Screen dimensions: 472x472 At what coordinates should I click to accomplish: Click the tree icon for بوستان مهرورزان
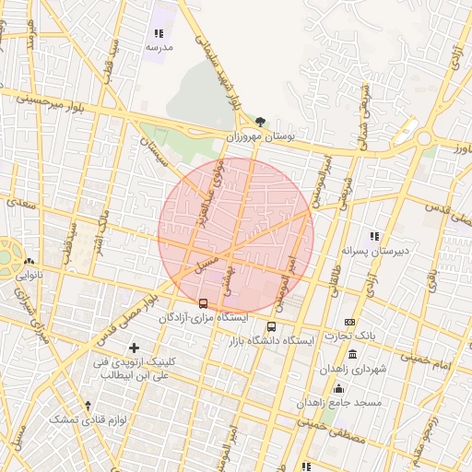(260, 122)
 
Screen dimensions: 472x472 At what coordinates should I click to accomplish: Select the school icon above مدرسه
(159, 33)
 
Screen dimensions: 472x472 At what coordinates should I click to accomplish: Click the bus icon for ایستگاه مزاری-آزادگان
(203, 303)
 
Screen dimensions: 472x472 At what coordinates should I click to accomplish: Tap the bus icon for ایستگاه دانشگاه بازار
(271, 326)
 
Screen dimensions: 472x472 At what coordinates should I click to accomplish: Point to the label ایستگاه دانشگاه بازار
(272, 341)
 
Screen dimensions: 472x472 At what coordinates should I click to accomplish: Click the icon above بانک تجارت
(349, 321)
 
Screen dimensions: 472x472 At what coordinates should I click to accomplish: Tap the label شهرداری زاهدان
(348, 369)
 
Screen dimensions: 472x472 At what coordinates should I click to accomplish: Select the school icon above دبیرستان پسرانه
(374, 236)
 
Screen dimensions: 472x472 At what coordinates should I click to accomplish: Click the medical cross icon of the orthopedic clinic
(135, 348)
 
